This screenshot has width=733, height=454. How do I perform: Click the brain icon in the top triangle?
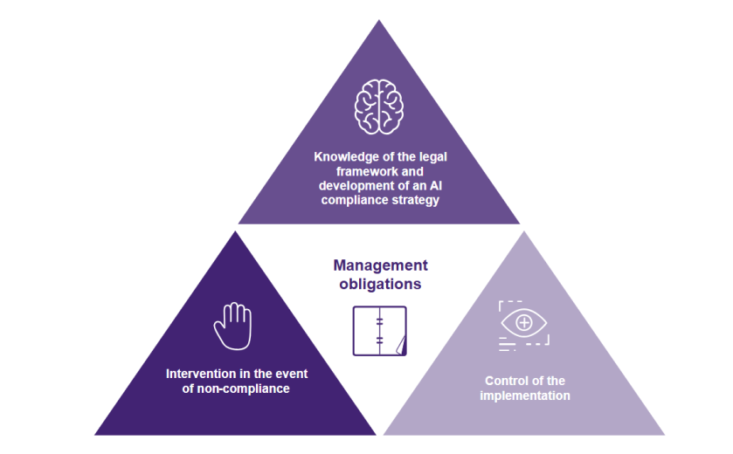[378, 107]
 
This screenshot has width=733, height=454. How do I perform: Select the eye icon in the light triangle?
[524, 324]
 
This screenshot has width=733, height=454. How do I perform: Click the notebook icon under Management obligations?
[379, 331]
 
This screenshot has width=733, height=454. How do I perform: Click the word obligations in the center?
[379, 285]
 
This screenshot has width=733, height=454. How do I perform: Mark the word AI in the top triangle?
[432, 186]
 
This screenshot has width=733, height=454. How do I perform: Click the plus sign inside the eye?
[524, 322]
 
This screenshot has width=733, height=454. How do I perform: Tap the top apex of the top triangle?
[379, 22]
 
